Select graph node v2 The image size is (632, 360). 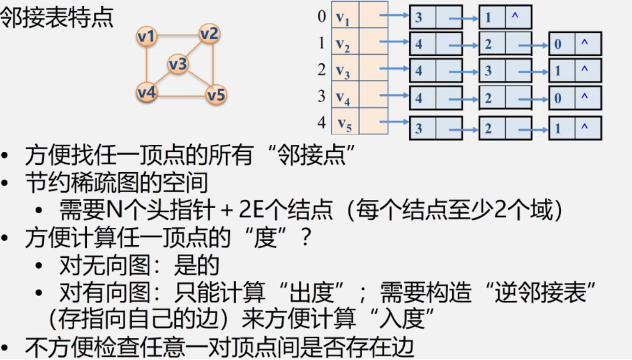[209, 34]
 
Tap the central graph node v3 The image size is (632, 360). [178, 64]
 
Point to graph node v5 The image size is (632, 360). [216, 95]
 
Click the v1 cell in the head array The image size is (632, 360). [344, 19]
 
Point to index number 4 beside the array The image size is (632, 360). [321, 122]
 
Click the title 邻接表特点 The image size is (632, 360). [57, 19]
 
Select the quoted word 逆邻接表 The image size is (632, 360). [541, 293]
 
